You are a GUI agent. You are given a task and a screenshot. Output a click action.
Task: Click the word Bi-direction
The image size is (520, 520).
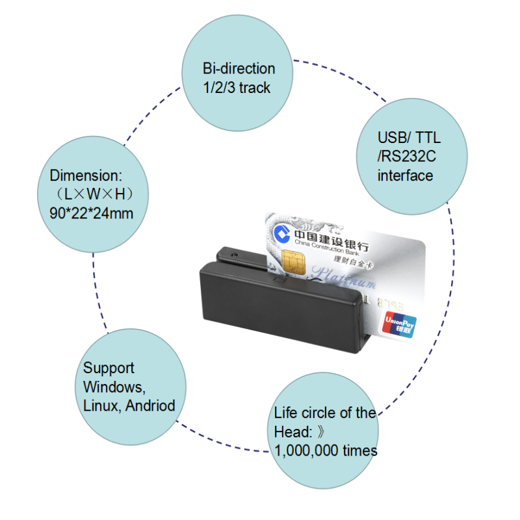point(239,69)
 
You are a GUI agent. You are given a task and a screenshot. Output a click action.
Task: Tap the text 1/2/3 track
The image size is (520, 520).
point(237,88)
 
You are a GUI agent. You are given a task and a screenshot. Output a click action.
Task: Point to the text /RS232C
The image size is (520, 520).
point(407,157)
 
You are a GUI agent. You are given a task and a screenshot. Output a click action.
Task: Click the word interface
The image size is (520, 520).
point(405,175)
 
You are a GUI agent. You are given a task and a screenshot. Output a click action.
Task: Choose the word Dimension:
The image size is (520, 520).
point(86,175)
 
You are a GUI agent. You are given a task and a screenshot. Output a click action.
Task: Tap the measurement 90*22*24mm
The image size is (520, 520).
point(91,213)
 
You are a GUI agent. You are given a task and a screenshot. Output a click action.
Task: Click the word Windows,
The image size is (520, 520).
point(114,387)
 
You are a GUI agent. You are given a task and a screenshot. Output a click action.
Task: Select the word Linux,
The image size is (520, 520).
point(102,406)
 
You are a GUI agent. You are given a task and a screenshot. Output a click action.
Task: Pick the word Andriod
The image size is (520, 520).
point(150,406)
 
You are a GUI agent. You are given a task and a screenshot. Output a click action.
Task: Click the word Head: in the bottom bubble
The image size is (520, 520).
point(293,432)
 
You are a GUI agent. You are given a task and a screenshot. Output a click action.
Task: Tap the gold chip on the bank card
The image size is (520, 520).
point(294,263)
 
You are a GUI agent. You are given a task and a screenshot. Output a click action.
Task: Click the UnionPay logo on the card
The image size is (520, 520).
point(399,325)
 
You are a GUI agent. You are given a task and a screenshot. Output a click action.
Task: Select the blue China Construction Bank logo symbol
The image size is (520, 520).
point(282,233)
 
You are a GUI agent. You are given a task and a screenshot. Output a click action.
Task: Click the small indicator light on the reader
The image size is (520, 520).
point(235,255)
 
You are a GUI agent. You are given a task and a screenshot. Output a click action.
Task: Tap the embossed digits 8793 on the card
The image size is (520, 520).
point(391,304)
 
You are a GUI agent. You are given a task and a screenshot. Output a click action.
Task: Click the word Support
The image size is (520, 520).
point(109,369)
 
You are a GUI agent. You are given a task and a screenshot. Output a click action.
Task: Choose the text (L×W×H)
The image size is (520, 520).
point(94,194)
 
